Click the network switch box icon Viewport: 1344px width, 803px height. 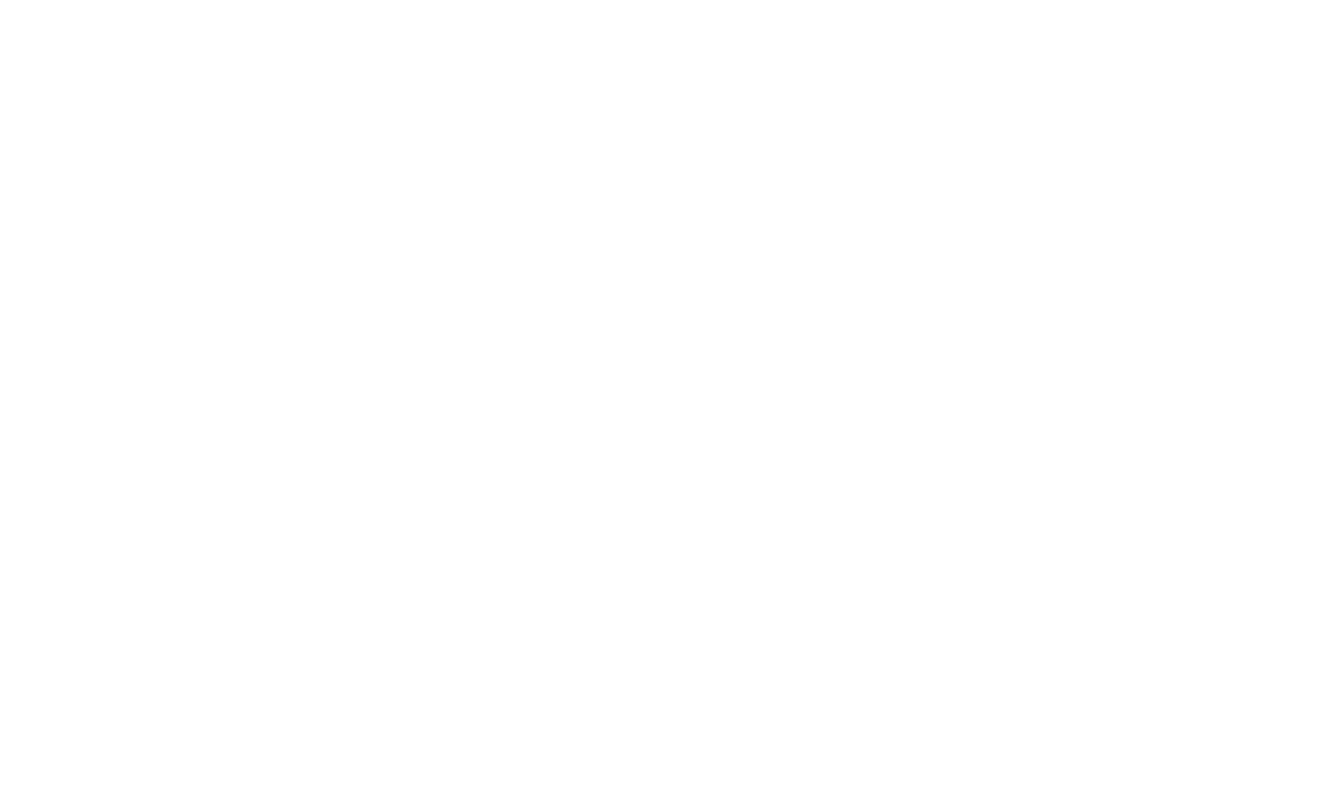click(x=792, y=190)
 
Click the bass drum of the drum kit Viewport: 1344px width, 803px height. click(x=1158, y=347)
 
